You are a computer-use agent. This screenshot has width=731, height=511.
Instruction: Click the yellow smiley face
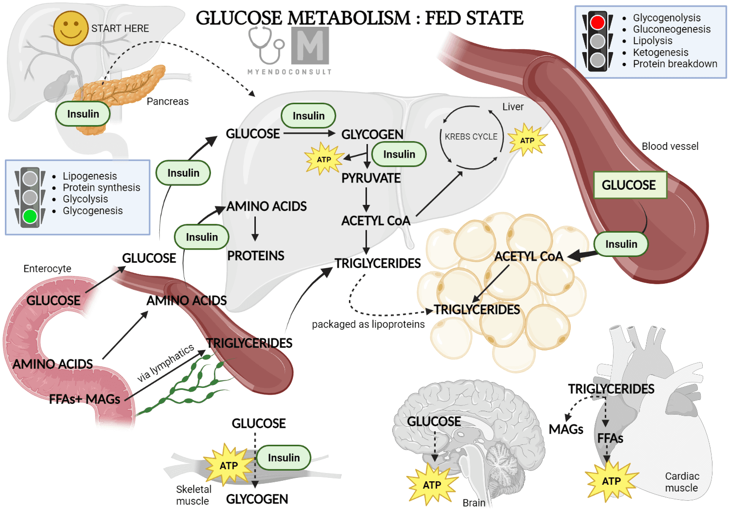point(71,28)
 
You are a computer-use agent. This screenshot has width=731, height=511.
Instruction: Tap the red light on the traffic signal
point(597,22)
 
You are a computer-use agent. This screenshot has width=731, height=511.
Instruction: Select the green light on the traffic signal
point(30,217)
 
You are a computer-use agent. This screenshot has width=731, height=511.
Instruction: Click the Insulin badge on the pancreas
point(83,114)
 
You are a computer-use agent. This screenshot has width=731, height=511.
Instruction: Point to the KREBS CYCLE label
point(471,137)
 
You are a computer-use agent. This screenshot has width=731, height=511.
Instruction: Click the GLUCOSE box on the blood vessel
point(630,185)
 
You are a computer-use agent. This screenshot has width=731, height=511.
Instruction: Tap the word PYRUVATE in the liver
point(371,178)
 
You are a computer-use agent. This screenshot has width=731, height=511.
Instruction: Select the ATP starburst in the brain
point(432,485)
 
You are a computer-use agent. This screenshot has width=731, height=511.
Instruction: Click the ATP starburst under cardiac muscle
point(611,481)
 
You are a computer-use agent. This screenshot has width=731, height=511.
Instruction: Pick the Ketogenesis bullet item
point(660,52)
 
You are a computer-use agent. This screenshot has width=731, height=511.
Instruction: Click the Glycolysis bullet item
point(85,199)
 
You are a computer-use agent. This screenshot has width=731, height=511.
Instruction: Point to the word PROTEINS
point(255,256)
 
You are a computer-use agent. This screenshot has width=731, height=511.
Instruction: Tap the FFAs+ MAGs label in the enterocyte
point(84,399)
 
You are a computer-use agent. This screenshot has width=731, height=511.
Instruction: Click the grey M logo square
point(310,46)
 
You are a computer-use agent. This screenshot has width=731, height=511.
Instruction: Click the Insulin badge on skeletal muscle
point(284,457)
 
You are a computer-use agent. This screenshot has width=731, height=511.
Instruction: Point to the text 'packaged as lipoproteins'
point(368,324)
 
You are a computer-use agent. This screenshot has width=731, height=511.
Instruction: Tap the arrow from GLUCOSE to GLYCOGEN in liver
point(309,133)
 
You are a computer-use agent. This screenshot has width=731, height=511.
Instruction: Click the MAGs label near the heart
point(566,430)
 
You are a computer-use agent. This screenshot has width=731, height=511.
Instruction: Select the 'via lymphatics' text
point(165,363)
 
